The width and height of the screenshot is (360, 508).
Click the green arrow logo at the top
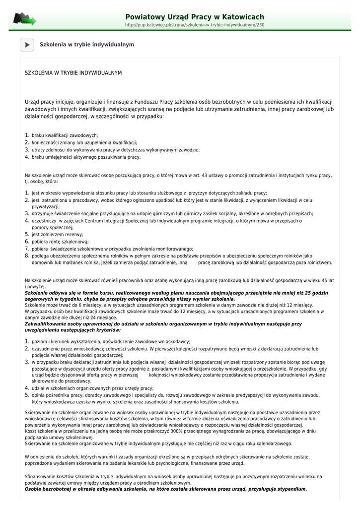tap(24, 19)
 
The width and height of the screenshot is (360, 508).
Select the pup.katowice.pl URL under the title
tap(194, 25)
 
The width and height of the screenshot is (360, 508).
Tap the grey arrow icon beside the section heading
tap(27, 45)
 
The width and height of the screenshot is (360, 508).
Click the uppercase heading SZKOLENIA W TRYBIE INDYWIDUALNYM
tap(73, 73)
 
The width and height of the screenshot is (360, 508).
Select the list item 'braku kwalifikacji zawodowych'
tap(65, 135)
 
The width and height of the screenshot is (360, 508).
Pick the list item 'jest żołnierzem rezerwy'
tap(58, 235)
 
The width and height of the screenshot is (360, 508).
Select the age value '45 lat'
tap(328, 280)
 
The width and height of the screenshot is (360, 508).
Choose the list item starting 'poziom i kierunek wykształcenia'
tap(111, 342)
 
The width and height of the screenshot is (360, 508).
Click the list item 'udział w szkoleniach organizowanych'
tap(92, 388)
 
